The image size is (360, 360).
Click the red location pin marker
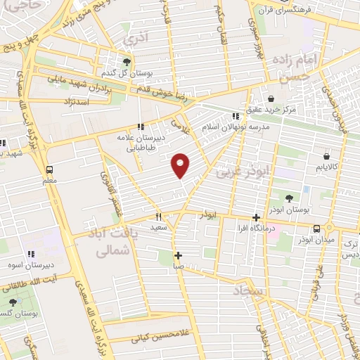pyautogui.click(x=181, y=165)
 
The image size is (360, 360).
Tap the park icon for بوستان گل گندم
pyautogui.click(x=127, y=61)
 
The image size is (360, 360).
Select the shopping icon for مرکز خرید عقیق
pyautogui.click(x=271, y=99)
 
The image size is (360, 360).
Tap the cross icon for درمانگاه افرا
pyautogui.click(x=256, y=217)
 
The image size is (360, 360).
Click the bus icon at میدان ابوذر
pyautogui.click(x=317, y=229)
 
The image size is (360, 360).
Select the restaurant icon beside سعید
pyautogui.click(x=158, y=217)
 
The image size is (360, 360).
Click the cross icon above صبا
pyautogui.click(x=179, y=255)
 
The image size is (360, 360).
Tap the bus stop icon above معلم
pyautogui.click(x=49, y=169)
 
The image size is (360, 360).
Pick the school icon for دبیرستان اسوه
pyautogui.click(x=31, y=254)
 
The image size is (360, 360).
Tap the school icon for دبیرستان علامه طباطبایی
pyautogui.click(x=141, y=127)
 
